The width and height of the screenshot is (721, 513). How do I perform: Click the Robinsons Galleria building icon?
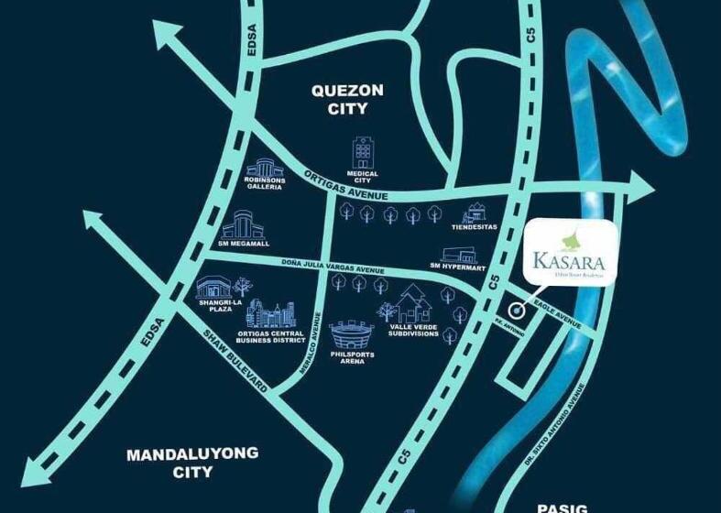265,169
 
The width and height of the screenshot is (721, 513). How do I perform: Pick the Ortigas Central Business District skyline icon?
271,315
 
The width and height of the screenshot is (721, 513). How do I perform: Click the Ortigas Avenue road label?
348,186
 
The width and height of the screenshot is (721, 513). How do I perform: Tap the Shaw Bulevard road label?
234,359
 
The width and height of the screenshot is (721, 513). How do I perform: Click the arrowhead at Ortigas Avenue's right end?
642,190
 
